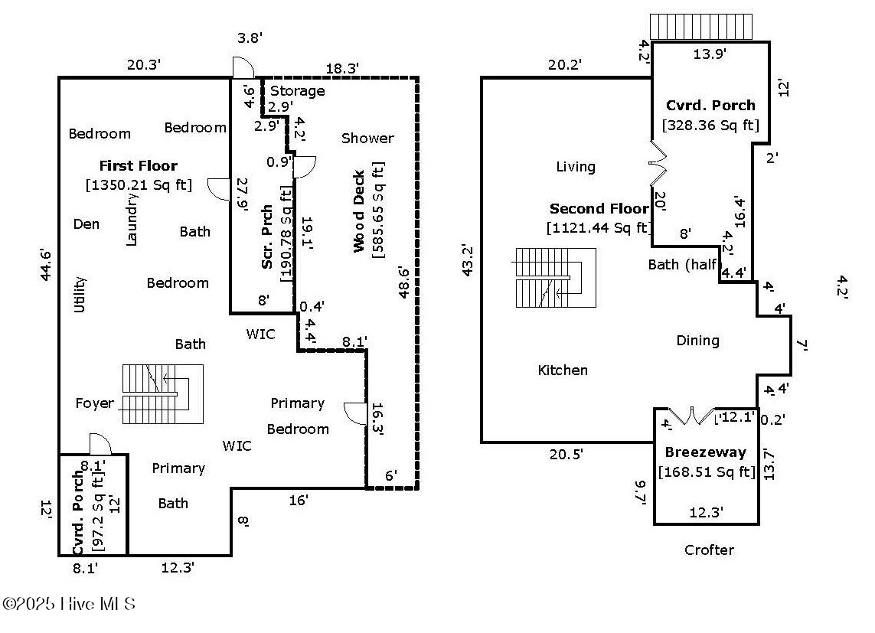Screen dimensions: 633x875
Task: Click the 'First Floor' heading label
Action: (138, 165)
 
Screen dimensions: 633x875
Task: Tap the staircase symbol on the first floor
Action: (162, 394)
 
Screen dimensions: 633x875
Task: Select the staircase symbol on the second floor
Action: (555, 277)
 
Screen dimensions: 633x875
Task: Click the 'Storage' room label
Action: (297, 91)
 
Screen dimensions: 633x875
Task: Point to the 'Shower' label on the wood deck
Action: (367, 138)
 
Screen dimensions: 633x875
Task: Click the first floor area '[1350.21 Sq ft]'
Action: (139, 184)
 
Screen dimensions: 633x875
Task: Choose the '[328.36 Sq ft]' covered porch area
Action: (710, 125)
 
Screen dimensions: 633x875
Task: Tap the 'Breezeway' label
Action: (705, 452)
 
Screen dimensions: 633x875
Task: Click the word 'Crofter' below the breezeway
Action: (709, 550)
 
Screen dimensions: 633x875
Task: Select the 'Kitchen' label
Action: (563, 370)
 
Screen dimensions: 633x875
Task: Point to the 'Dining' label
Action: (697, 340)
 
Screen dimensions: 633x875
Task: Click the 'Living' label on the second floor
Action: (576, 166)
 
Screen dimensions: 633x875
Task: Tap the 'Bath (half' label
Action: (682, 264)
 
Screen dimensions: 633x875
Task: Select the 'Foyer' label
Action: (94, 403)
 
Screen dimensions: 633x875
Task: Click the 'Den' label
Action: (87, 224)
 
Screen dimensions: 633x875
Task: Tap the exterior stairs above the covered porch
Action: (700, 27)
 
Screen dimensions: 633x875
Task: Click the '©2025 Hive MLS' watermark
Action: (69, 604)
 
